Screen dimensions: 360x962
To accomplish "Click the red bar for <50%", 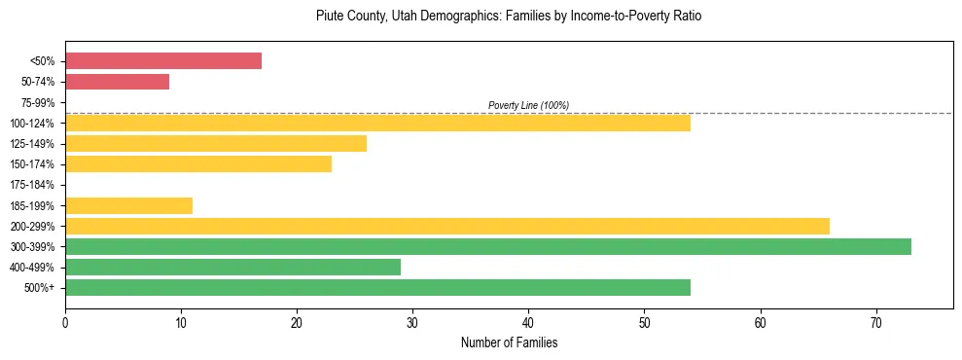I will pyautogui.click(x=163, y=61).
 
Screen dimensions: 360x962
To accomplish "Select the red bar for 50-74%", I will pyautogui.click(x=117, y=82).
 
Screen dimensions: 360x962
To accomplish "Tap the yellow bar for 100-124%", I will pyautogui.click(x=377, y=123).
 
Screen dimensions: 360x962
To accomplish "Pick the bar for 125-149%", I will pyautogui.click(x=216, y=144).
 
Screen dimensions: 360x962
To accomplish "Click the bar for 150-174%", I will pyautogui.click(x=198, y=164).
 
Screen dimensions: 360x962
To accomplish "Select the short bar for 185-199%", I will pyautogui.click(x=128, y=205).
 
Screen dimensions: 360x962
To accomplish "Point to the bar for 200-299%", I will pyautogui.click(x=447, y=226).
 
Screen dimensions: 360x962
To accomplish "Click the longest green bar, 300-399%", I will pyautogui.click(x=488, y=246).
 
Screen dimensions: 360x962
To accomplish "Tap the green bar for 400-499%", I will pyautogui.click(x=232, y=267).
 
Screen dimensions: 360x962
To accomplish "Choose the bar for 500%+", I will pyautogui.click(x=377, y=287).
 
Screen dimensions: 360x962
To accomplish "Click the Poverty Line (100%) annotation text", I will pyautogui.click(x=528, y=105).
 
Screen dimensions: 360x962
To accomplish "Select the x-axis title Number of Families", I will pyautogui.click(x=509, y=342).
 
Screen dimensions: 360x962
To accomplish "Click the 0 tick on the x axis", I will pyautogui.click(x=65, y=321).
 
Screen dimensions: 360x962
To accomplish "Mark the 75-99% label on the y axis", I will pyautogui.click(x=38, y=103).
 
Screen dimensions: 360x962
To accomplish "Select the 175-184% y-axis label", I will pyautogui.click(x=35, y=185).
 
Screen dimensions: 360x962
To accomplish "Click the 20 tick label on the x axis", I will pyautogui.click(x=297, y=321).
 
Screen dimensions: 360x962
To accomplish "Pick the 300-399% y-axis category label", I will pyautogui.click(x=35, y=247).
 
